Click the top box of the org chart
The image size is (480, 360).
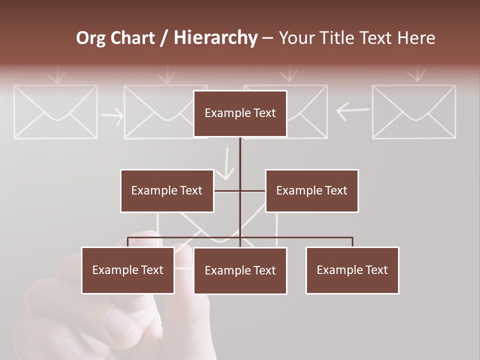tap(240, 113)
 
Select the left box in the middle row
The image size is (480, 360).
tap(167, 190)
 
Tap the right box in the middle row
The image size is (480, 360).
tap(311, 190)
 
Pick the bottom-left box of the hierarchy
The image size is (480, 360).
tap(128, 270)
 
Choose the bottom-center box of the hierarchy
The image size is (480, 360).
tap(240, 270)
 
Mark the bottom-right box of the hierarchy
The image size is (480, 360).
tap(352, 270)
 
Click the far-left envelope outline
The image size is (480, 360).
tap(55, 111)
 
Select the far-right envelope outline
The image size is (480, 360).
tap(414, 111)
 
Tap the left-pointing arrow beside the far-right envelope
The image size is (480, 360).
tap(352, 111)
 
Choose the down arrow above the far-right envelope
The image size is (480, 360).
tap(416, 75)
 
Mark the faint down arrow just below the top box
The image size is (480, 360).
tap(227, 163)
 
